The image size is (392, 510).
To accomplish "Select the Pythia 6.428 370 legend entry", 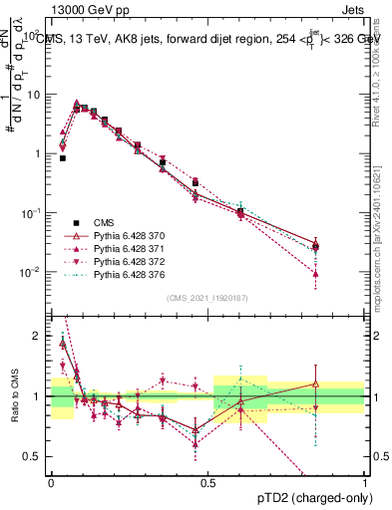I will click(125, 236).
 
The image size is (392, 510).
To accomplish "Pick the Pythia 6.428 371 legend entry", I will click(125, 249).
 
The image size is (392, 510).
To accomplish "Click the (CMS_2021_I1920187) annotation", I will click(207, 298).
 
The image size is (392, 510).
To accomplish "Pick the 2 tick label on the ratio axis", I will click(40, 336).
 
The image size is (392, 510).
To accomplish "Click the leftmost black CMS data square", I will click(62, 157).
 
